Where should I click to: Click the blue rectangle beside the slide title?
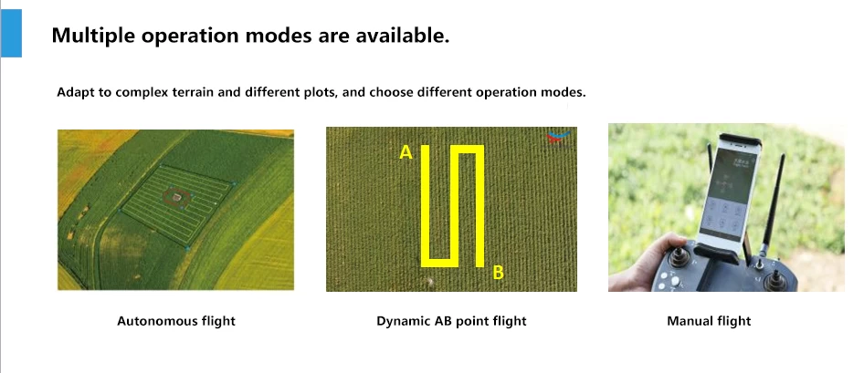coord(11,33)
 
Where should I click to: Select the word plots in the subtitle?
coord(321,92)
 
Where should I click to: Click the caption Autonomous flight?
coord(175,321)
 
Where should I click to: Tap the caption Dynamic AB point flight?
coord(451,321)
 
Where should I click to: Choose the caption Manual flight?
coord(709,321)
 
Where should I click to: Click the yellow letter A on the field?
coord(406,152)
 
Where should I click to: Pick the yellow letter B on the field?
coord(498,273)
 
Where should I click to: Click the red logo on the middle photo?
coord(557,138)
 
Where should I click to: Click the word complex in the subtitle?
coord(139,92)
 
